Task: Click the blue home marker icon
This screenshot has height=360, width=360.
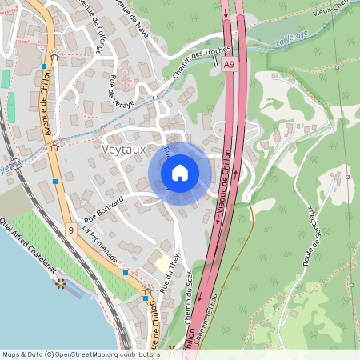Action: point(180,172)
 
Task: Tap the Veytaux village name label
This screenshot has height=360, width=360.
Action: point(124,148)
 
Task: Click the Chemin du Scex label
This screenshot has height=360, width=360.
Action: point(192,300)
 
